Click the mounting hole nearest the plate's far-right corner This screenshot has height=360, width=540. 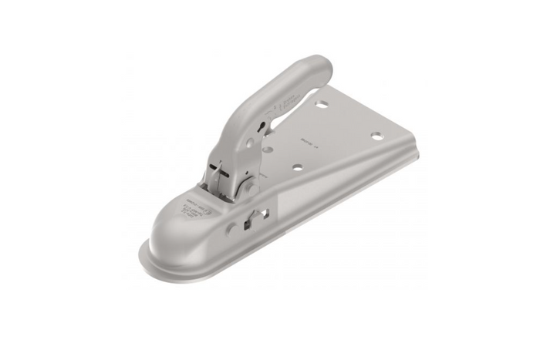[x=377, y=136]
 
